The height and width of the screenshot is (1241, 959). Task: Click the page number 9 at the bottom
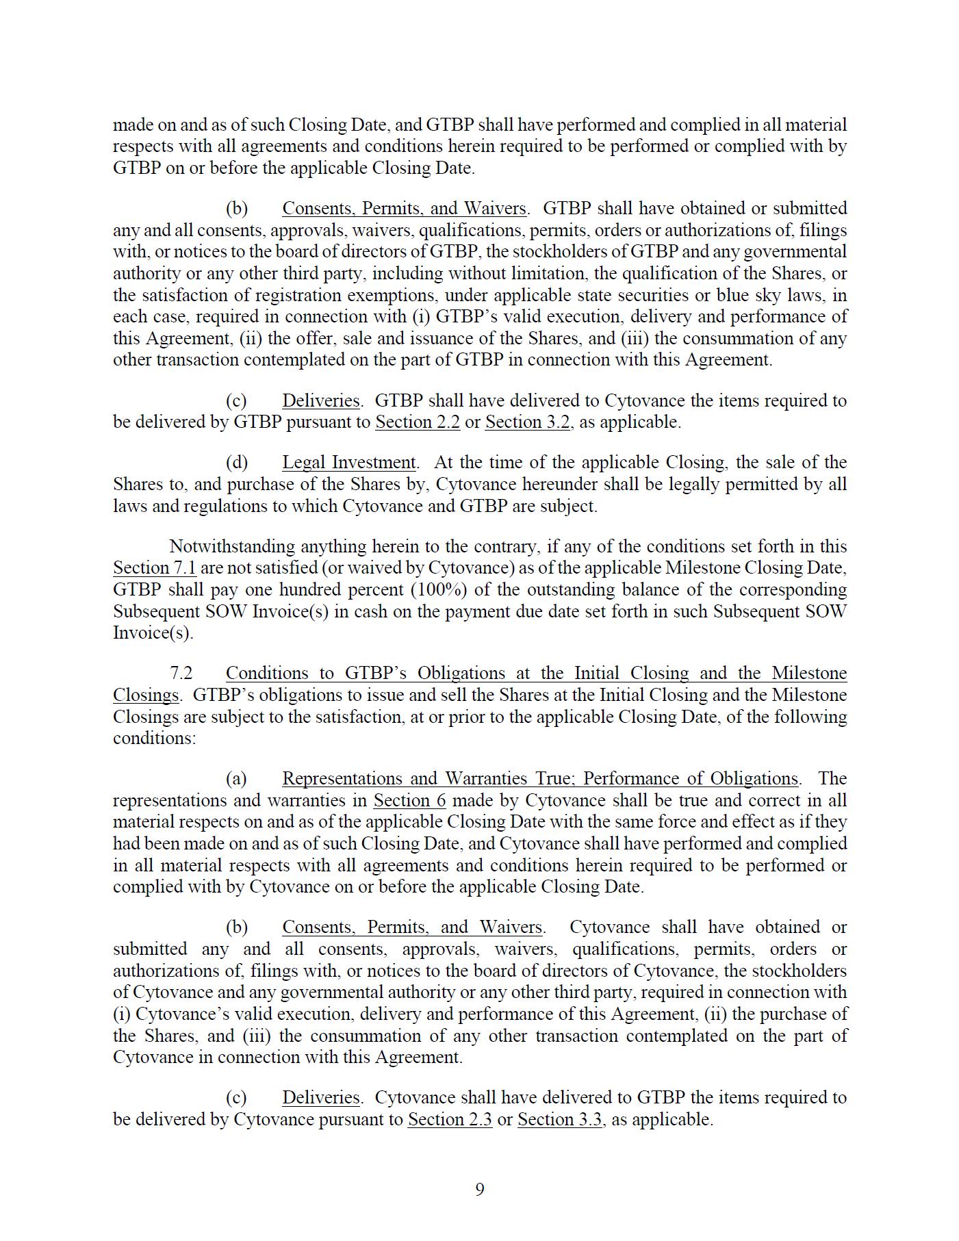tap(479, 1190)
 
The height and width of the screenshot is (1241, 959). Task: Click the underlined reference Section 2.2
tap(417, 422)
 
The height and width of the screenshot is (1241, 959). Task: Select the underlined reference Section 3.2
tap(527, 422)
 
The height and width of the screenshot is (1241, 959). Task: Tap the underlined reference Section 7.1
tap(155, 568)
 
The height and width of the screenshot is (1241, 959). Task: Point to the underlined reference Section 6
tap(409, 801)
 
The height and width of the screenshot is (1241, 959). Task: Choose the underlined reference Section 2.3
tap(450, 1120)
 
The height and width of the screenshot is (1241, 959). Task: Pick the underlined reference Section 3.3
tap(559, 1120)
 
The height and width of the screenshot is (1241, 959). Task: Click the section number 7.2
tap(181, 674)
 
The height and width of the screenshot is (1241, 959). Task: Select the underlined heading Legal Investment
tap(348, 463)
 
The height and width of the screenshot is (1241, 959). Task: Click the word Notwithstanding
tap(232, 547)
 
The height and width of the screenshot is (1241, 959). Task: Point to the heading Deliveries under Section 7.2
tap(320, 1098)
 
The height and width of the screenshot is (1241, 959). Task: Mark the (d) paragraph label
tap(237, 463)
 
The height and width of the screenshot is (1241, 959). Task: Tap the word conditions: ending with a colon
tap(154, 739)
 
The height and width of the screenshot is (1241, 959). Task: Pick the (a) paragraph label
tap(237, 779)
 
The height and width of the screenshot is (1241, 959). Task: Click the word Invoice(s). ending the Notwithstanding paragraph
tap(153, 633)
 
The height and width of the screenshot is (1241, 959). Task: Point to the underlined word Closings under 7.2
tap(145, 695)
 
